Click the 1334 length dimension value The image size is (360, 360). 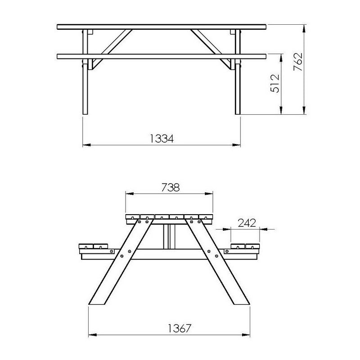tap(161, 138)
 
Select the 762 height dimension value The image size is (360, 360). tap(297, 63)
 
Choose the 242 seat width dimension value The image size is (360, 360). tap(247, 222)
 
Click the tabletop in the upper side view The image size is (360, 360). tap(161, 27)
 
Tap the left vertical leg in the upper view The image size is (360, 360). tap(85, 90)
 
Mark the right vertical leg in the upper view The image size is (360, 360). tap(237, 90)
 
